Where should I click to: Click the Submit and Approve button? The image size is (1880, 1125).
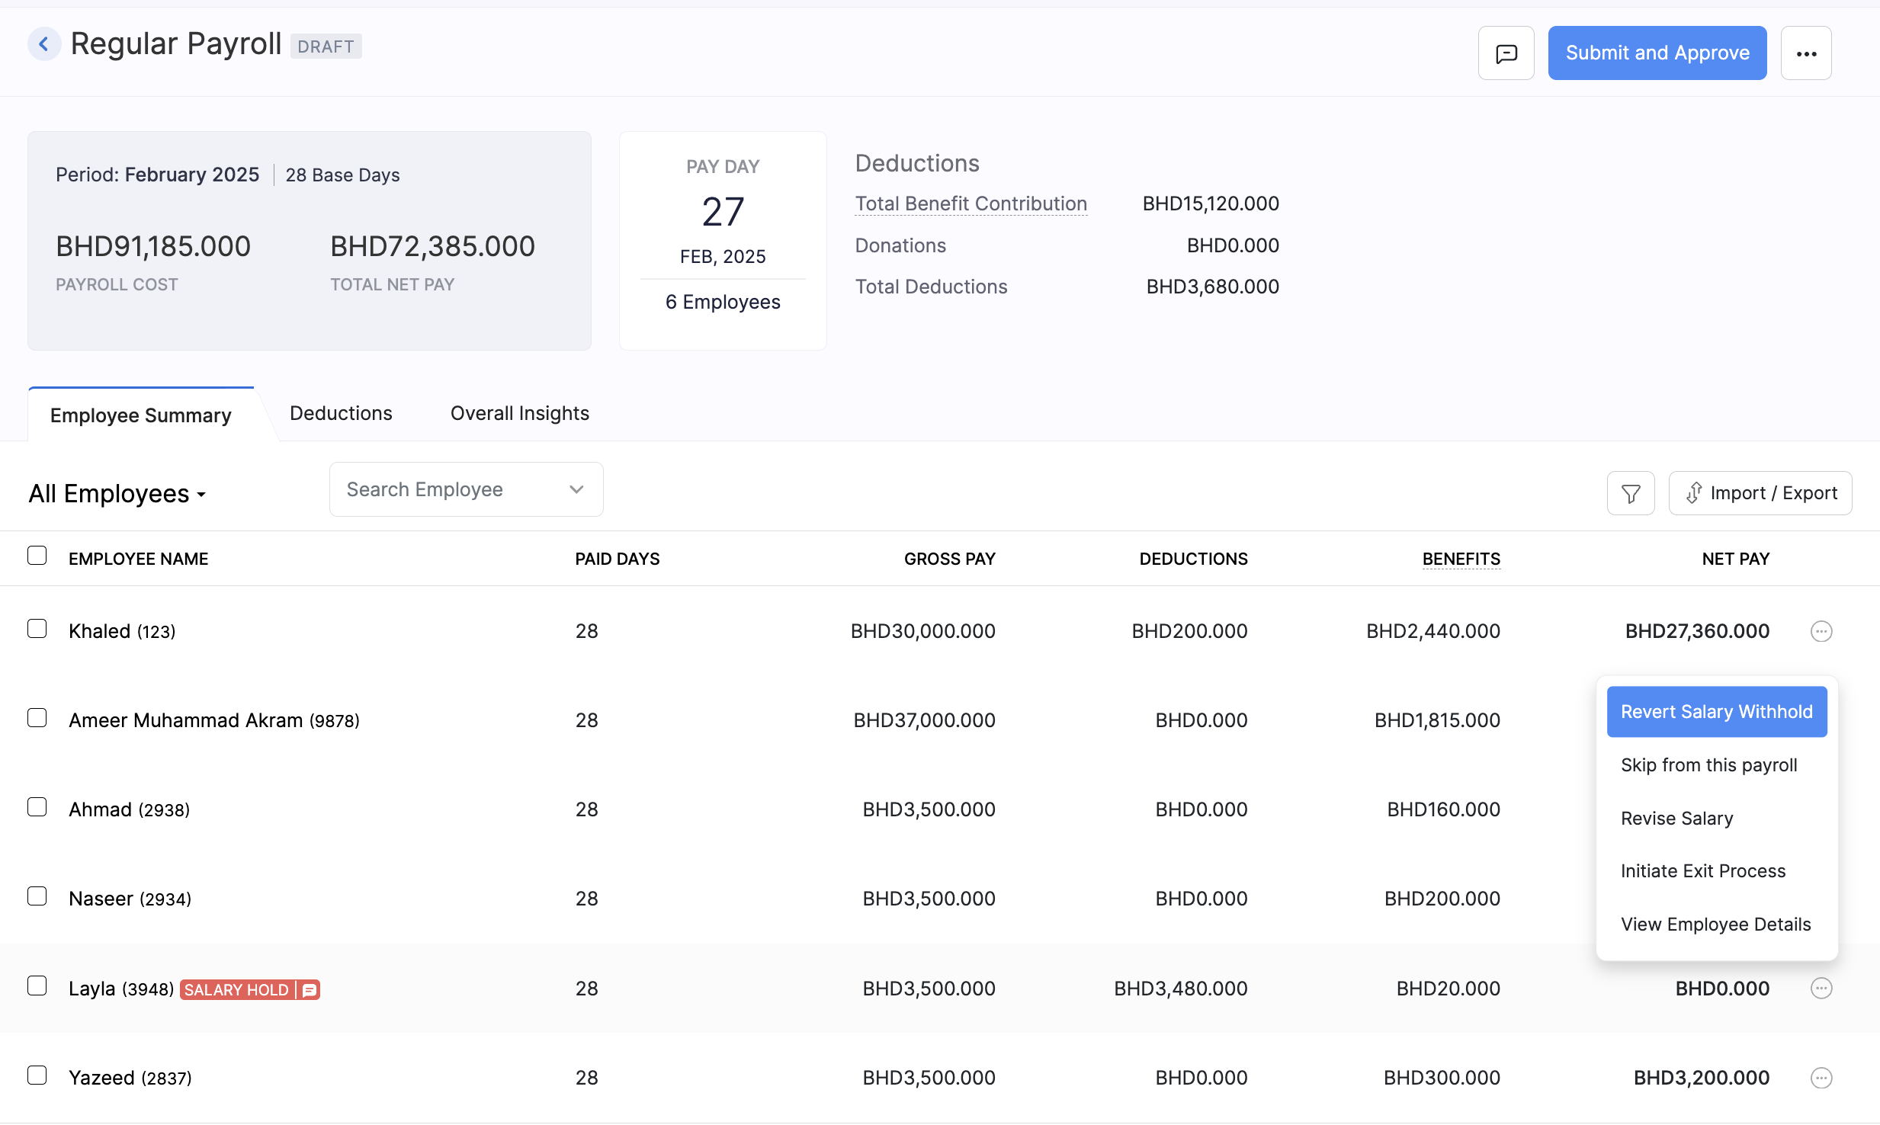pyautogui.click(x=1657, y=53)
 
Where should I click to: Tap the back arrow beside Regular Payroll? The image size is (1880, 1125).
pyautogui.click(x=44, y=44)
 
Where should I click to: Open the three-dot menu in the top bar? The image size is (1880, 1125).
pyautogui.click(x=1806, y=53)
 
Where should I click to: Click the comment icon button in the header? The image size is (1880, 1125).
pyautogui.click(x=1506, y=53)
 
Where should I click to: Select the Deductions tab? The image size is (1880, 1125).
pyautogui.click(x=341, y=413)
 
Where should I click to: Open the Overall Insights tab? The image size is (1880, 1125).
pyautogui.click(x=519, y=413)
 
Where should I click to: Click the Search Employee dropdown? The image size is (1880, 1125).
pyautogui.click(x=466, y=489)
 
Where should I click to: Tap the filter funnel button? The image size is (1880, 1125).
pyautogui.click(x=1631, y=494)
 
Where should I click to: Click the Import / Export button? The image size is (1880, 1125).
pyautogui.click(x=1760, y=493)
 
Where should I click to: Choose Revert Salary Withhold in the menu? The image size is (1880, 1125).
pyautogui.click(x=1716, y=712)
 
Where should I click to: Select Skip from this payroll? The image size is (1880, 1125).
pyautogui.click(x=1708, y=765)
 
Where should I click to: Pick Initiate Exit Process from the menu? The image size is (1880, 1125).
pyautogui.click(x=1702, y=871)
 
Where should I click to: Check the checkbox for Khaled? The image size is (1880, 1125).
pyautogui.click(x=37, y=629)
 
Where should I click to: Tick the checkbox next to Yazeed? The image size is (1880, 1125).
pyautogui.click(x=37, y=1075)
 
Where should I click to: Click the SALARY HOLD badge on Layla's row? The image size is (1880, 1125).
pyautogui.click(x=237, y=990)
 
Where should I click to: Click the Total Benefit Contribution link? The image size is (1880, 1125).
pyautogui.click(x=970, y=204)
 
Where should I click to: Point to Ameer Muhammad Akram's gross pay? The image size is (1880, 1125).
pyautogui.click(x=924, y=720)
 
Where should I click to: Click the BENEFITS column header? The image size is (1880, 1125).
pyautogui.click(x=1461, y=559)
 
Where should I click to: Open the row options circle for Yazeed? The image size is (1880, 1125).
pyautogui.click(x=1821, y=1078)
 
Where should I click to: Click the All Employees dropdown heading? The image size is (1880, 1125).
pyautogui.click(x=117, y=494)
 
